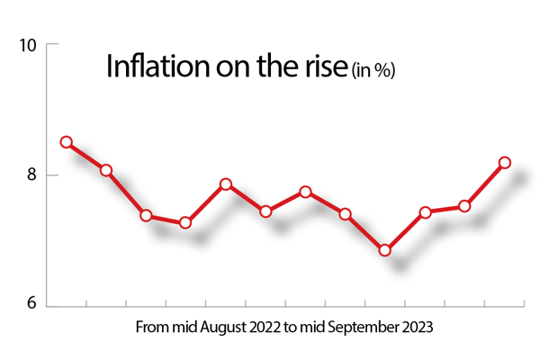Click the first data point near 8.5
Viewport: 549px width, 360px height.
pos(66,142)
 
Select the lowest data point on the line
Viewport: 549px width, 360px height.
pos(385,250)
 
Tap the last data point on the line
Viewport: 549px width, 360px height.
pos(505,163)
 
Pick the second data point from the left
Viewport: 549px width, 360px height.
pos(106,170)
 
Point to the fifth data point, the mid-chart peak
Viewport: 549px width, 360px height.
pos(226,184)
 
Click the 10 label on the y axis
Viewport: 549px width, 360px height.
pos(27,45)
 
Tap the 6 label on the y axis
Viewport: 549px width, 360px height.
pos(30,305)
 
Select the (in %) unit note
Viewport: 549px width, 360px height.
pos(372,69)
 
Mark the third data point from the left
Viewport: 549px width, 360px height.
pos(146,216)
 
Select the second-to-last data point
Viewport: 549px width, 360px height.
pos(465,206)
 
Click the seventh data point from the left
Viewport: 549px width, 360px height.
pos(306,192)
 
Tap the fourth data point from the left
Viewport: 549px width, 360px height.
pos(185,222)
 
